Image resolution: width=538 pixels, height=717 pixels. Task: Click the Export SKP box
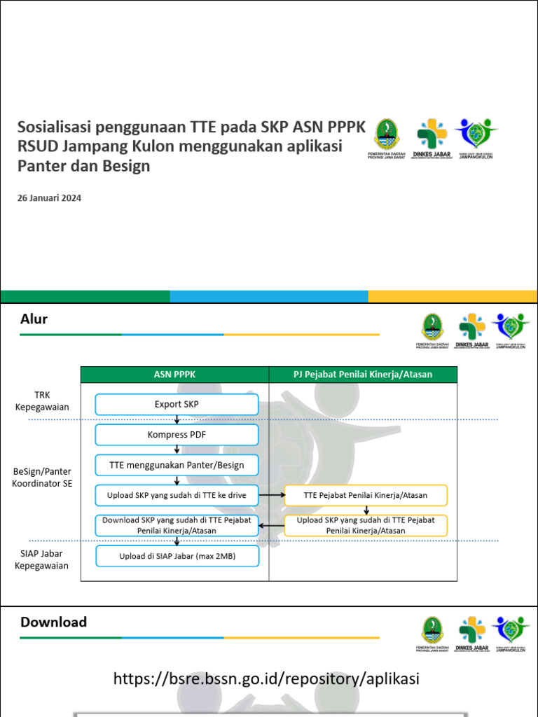tap(177, 404)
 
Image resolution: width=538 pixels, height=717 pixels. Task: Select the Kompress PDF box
tap(177, 435)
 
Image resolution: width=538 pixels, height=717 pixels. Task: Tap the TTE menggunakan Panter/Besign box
tap(177, 465)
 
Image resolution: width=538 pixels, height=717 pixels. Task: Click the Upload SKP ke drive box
tap(177, 495)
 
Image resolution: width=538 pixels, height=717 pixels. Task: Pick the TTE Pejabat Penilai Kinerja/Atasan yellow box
tap(366, 495)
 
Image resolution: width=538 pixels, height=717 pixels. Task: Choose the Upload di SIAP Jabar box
tap(177, 556)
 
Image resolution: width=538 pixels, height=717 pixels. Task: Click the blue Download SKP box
tap(177, 525)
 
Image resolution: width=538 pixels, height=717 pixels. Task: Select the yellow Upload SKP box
tap(366, 525)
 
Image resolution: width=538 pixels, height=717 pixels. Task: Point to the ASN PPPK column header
tap(174, 375)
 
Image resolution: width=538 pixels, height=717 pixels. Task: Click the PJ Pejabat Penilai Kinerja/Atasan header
tap(363, 375)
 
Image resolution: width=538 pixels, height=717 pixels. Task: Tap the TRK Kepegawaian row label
tap(42, 401)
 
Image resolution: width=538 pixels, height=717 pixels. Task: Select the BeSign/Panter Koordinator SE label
tap(42, 478)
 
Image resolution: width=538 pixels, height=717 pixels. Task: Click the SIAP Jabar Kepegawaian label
tap(42, 559)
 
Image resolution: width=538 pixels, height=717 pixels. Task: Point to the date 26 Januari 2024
tap(49, 198)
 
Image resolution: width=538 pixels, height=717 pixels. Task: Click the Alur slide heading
tap(34, 319)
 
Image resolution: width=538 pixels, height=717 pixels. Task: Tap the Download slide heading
tap(54, 622)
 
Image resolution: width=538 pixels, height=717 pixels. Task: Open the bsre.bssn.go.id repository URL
tap(266, 678)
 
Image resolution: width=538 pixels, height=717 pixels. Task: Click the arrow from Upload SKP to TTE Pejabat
tap(272, 495)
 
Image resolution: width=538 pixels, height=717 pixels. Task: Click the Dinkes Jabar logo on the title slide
tap(434, 139)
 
